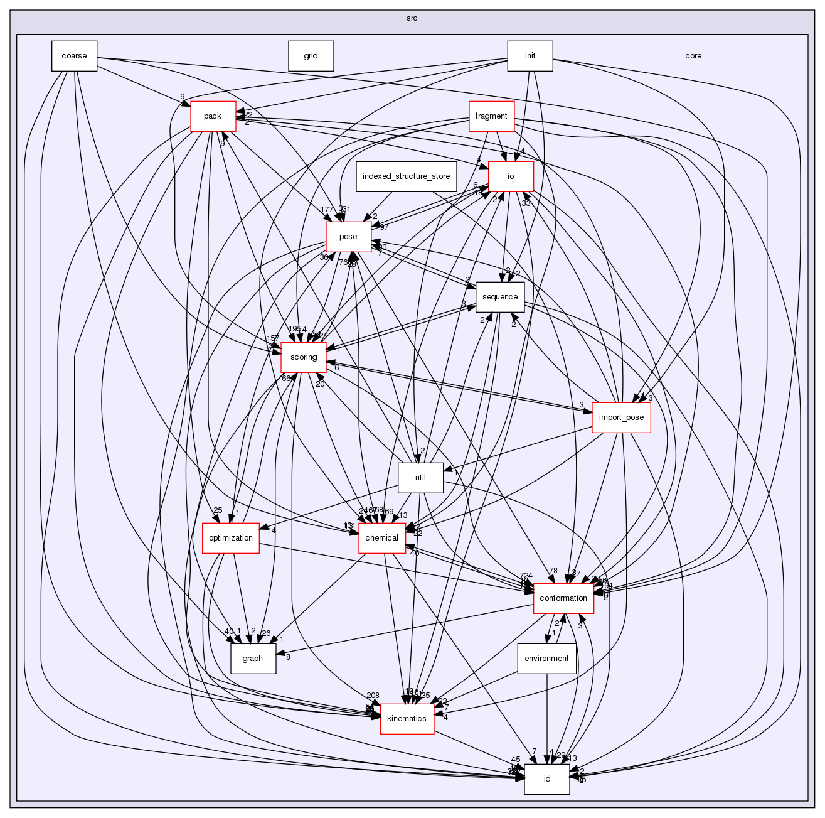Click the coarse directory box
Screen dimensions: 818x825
click(x=74, y=56)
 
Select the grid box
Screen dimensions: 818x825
click(x=311, y=56)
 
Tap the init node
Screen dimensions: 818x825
click(x=530, y=56)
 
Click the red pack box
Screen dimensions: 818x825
click(x=213, y=116)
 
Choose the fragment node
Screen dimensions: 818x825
click(x=491, y=116)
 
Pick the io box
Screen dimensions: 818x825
click(x=511, y=176)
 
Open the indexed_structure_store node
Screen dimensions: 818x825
click(x=406, y=176)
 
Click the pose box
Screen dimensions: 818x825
click(x=348, y=237)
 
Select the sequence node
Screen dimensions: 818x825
click(x=500, y=297)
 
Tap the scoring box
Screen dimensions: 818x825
click(x=304, y=357)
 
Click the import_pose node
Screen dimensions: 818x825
click(x=622, y=417)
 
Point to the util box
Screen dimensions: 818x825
click(x=420, y=478)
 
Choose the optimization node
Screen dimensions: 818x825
click(x=231, y=538)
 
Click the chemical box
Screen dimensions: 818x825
click(x=381, y=538)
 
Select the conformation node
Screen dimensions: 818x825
click(x=563, y=598)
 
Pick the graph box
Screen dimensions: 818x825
click(x=253, y=659)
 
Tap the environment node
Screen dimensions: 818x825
click(x=546, y=659)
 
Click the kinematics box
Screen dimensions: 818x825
click(x=407, y=719)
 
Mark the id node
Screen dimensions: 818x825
click(x=547, y=779)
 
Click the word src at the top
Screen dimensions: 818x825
click(x=412, y=18)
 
